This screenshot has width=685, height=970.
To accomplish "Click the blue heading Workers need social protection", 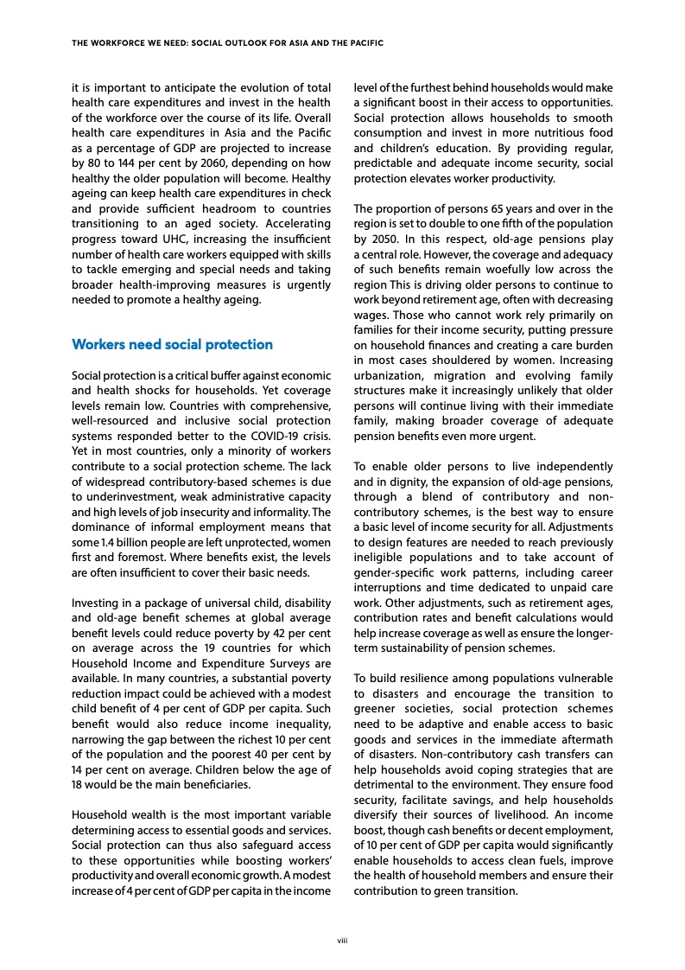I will click(x=173, y=345).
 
